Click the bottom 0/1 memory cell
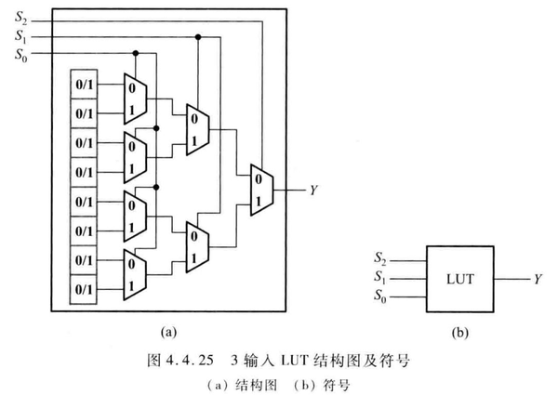tap(86, 290)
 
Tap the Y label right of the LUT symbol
tap(538, 278)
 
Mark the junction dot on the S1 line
tap(197, 38)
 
